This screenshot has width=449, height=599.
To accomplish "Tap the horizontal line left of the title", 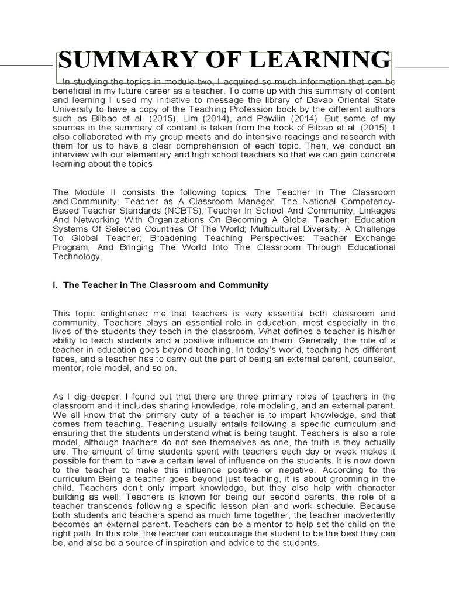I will click(26, 66).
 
